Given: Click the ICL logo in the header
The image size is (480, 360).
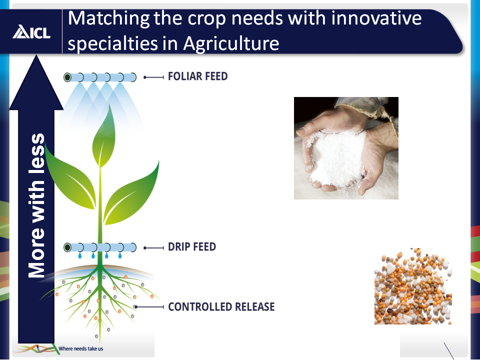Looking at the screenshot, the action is tap(31, 32).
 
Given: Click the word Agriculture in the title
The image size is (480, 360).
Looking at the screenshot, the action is tap(231, 43).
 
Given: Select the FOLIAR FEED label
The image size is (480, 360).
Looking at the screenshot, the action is tap(198, 76).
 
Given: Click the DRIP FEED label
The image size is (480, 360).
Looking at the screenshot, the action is tap(192, 246).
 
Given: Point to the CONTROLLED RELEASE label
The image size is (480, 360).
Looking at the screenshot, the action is tap(221, 306).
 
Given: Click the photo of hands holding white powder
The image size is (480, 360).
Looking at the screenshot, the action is tap(346, 148).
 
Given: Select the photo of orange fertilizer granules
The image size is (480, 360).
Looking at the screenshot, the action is tap(413, 286).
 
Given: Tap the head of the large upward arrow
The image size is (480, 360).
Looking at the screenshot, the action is tap(36, 82).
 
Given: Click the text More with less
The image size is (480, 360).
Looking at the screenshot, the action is tap(36, 205).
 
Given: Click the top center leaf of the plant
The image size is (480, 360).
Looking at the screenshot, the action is tap(104, 136).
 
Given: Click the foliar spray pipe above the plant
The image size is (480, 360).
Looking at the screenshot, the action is tap(100, 77).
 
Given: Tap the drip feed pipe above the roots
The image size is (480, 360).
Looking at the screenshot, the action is tap(100, 247).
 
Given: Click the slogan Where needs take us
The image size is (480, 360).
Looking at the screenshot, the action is tap(81, 348).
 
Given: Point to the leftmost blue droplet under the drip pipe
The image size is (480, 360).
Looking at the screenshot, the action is tap(80, 255).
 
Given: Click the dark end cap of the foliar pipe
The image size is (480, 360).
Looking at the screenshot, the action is tap(67, 77).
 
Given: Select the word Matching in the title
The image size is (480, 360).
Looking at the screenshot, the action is tap(108, 18).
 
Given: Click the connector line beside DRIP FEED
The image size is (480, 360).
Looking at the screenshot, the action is tap(153, 247).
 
